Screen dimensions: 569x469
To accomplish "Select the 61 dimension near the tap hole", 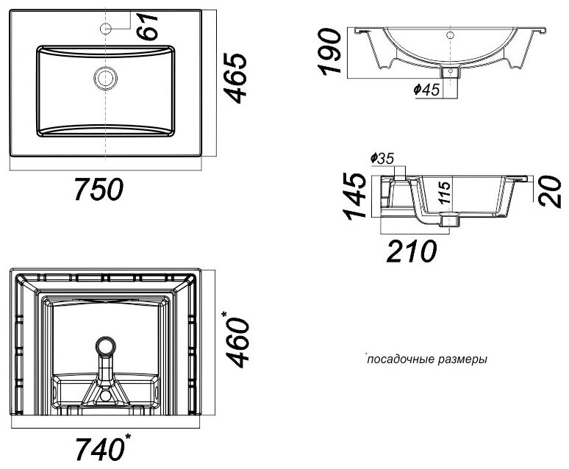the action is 150,28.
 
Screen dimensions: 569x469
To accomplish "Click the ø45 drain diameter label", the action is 427,89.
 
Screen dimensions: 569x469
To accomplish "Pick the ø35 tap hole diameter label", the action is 383,158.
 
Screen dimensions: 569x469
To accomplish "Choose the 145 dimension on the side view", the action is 357,196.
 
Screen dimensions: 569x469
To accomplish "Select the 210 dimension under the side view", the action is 411,251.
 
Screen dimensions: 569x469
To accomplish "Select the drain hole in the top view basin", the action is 105,76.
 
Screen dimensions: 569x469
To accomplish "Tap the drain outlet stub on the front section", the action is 449,72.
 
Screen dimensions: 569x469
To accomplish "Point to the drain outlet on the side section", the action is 449,219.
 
